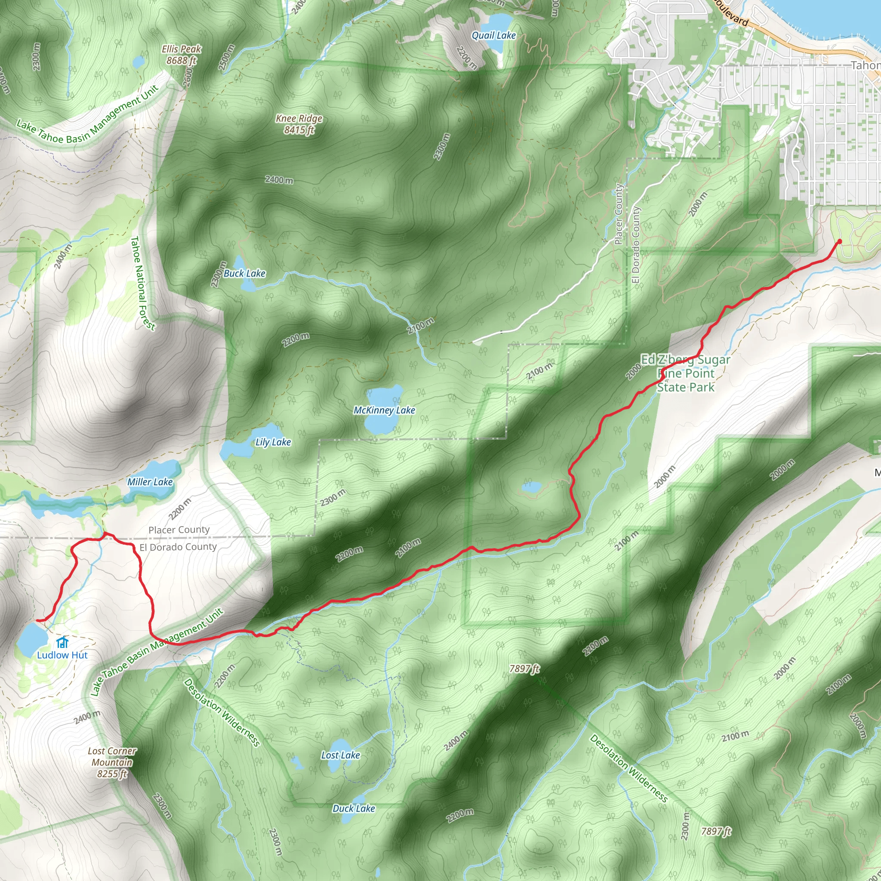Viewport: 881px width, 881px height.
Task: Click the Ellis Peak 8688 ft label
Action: pos(181,54)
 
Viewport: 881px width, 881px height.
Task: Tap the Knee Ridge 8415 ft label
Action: pos(299,124)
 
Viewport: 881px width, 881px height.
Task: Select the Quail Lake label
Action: pos(493,36)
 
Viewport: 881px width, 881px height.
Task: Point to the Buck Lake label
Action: pos(244,274)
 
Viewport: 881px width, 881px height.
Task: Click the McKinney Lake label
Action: pos(384,410)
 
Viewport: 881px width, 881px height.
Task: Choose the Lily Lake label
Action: pos(273,442)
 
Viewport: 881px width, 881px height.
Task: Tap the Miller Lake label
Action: pos(150,482)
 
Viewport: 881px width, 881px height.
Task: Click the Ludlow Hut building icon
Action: pos(62,643)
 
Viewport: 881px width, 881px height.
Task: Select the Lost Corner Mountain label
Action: pos(112,762)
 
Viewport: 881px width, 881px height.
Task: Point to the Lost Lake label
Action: pos(340,755)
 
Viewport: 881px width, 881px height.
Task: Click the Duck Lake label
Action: pos(354,808)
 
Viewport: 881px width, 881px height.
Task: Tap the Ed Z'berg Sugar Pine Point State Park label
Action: pos(685,373)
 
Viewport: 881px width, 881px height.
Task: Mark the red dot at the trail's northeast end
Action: pos(840,241)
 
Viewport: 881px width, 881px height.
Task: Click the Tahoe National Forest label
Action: pos(142,283)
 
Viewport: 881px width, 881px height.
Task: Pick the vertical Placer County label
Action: pos(619,214)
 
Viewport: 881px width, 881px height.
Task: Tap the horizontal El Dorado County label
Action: pos(178,547)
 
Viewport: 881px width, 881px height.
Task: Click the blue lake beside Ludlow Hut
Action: pos(31,638)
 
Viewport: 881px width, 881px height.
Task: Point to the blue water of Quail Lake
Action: pos(498,22)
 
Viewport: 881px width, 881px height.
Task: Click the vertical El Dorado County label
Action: pos(636,245)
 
